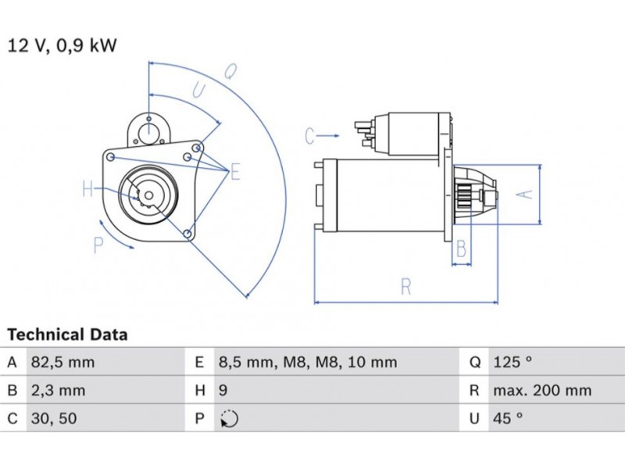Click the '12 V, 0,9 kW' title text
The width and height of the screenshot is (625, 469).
pos(62,45)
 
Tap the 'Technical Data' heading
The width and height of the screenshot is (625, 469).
pos(67,335)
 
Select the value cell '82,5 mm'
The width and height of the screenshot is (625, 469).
pos(62,362)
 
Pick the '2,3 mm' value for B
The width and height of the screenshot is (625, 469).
pos(59,390)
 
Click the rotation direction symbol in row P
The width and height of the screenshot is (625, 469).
pos(229,419)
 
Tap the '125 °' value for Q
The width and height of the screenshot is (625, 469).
pos(512,362)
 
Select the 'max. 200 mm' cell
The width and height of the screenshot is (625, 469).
pos(541,390)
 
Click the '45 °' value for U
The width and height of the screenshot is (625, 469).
pos(508,418)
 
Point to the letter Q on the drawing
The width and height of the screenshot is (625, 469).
pos(230,73)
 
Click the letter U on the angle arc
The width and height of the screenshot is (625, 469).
pos(198,91)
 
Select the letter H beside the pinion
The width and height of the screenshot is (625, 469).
pos(89,189)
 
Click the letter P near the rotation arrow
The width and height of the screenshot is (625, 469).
pos(98,245)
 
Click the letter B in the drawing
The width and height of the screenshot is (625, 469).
pos(462,250)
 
